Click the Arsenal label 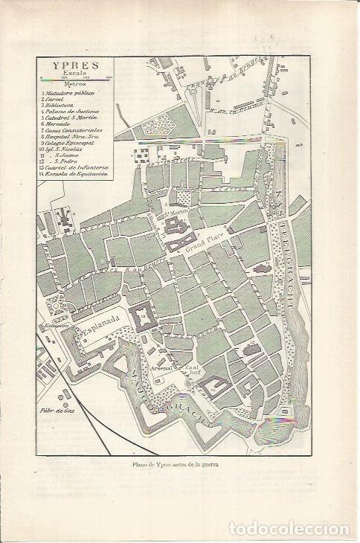(161, 367)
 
